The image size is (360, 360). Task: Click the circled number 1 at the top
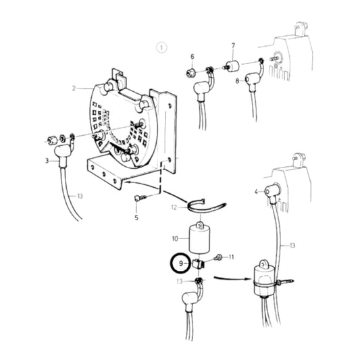[160, 47]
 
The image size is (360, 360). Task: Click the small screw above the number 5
[138, 198]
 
